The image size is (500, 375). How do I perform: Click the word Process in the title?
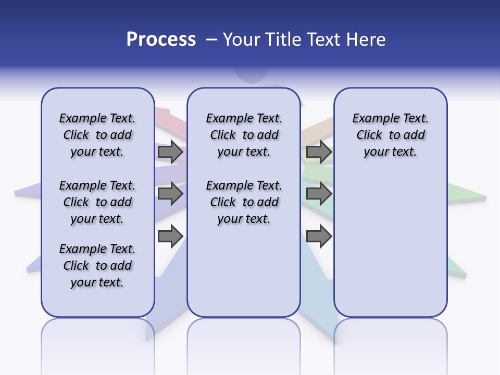[x=161, y=40]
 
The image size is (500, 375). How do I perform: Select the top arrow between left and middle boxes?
[x=170, y=152]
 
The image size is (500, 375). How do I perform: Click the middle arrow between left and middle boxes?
[x=170, y=194]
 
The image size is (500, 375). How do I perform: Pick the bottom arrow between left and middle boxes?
[x=170, y=236]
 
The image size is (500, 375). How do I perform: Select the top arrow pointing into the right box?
[x=319, y=152]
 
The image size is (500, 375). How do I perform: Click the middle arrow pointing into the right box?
[x=319, y=194]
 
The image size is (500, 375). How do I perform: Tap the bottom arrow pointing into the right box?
[x=319, y=236]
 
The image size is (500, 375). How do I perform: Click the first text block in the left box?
[x=97, y=135]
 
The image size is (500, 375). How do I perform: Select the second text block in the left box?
[x=97, y=202]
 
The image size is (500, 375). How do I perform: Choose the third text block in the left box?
[x=97, y=266]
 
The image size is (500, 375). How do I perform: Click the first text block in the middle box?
[x=244, y=135]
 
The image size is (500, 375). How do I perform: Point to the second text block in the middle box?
[x=244, y=202]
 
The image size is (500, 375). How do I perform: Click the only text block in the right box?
[x=390, y=135]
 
